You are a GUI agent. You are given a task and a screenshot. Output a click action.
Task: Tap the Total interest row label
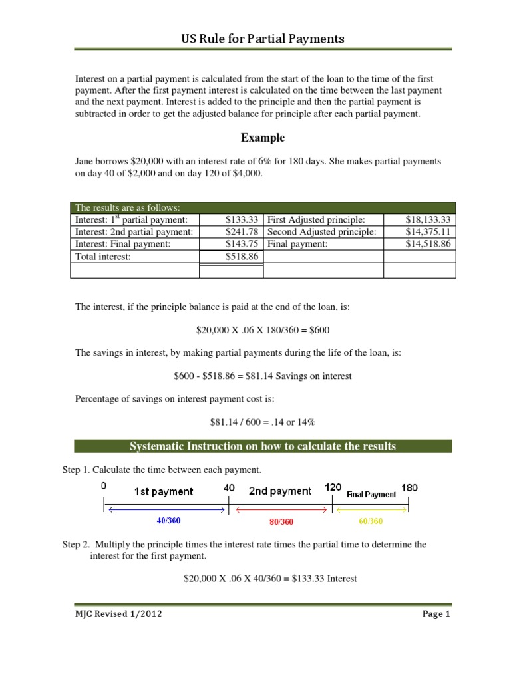coord(103,256)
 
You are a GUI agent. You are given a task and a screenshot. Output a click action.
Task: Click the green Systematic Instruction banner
coord(263,446)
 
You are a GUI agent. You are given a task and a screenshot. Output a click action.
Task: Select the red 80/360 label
coord(281,522)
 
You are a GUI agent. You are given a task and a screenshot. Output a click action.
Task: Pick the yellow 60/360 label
coord(371,521)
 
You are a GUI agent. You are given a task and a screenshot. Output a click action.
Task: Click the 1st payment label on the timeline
coord(164,492)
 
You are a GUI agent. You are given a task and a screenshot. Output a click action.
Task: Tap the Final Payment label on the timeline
coord(371,494)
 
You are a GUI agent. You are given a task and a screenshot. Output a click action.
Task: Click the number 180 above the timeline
coord(410,487)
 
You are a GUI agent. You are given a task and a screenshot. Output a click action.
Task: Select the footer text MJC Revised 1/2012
coord(118,614)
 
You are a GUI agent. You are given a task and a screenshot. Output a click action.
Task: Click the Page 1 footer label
coord(436,614)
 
